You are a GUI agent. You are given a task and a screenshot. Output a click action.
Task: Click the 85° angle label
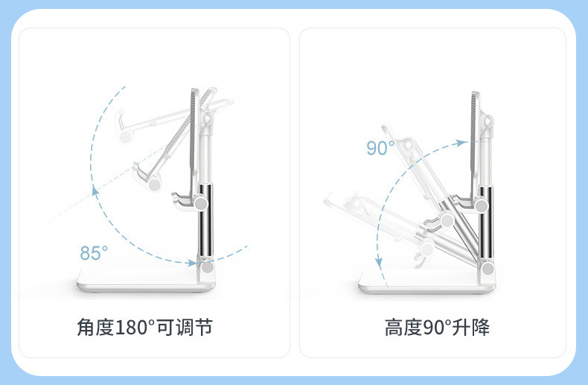[x=94, y=252]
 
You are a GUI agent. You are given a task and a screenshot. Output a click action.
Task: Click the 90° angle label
[x=380, y=148]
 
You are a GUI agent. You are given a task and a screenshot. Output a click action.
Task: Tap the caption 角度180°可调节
[x=149, y=327]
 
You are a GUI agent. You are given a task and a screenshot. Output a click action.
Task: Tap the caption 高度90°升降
[x=437, y=327]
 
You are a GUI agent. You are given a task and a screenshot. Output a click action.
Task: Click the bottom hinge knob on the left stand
[x=207, y=267]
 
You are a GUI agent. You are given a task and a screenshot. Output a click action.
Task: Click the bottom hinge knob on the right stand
[x=488, y=268]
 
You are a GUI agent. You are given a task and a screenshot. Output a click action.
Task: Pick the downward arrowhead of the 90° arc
[x=380, y=263]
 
